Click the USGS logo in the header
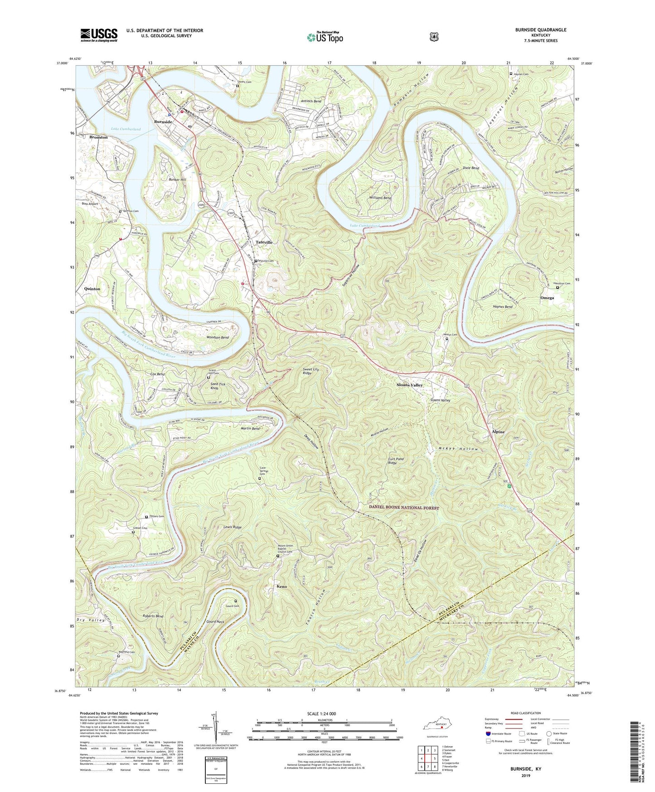[99, 35]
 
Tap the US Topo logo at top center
[325, 37]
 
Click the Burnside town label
[163, 122]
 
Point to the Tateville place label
[264, 242]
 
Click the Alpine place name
[498, 432]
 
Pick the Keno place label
[281, 587]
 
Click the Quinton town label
[92, 288]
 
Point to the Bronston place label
[98, 137]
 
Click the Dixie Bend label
[471, 168]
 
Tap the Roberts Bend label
[153, 616]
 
